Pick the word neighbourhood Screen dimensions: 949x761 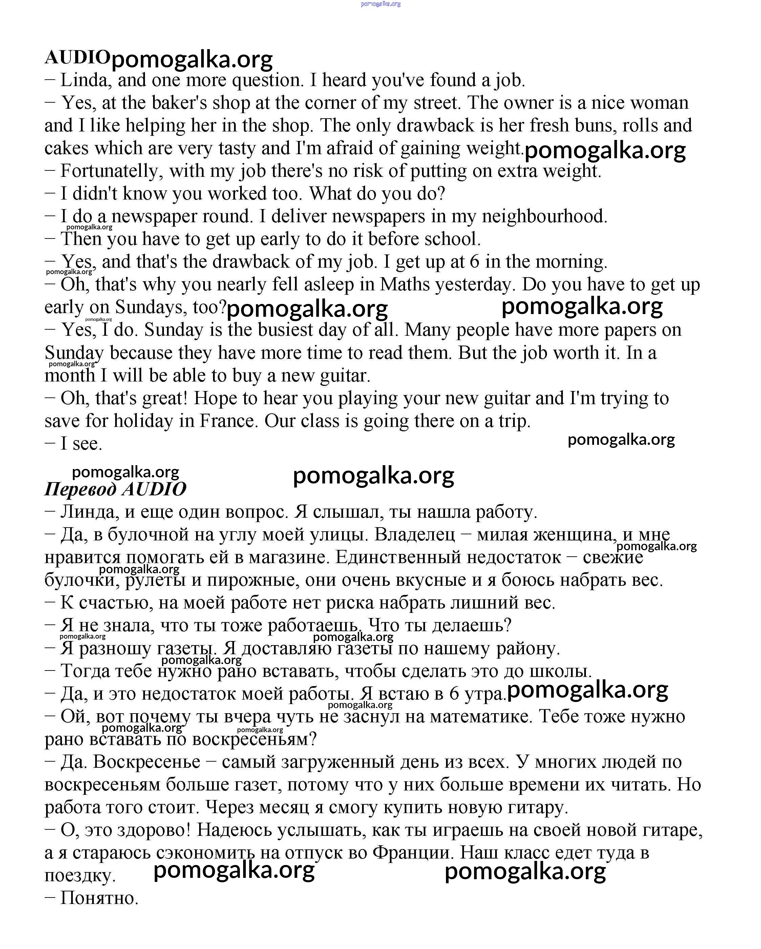pyautogui.click(x=544, y=216)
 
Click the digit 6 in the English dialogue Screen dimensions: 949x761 pyautogui.click(x=474, y=262)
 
